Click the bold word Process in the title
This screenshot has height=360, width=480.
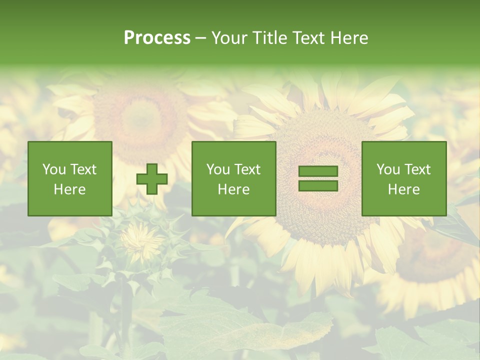157,38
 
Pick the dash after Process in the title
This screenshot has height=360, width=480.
200,38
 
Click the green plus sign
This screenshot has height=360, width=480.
152,179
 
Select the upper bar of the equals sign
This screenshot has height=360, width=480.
318,171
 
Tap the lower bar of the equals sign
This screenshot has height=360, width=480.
318,186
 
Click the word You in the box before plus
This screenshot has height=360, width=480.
53,169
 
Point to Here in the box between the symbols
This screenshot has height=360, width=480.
234,189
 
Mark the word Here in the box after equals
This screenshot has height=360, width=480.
404,189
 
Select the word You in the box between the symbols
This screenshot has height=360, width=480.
217,169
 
